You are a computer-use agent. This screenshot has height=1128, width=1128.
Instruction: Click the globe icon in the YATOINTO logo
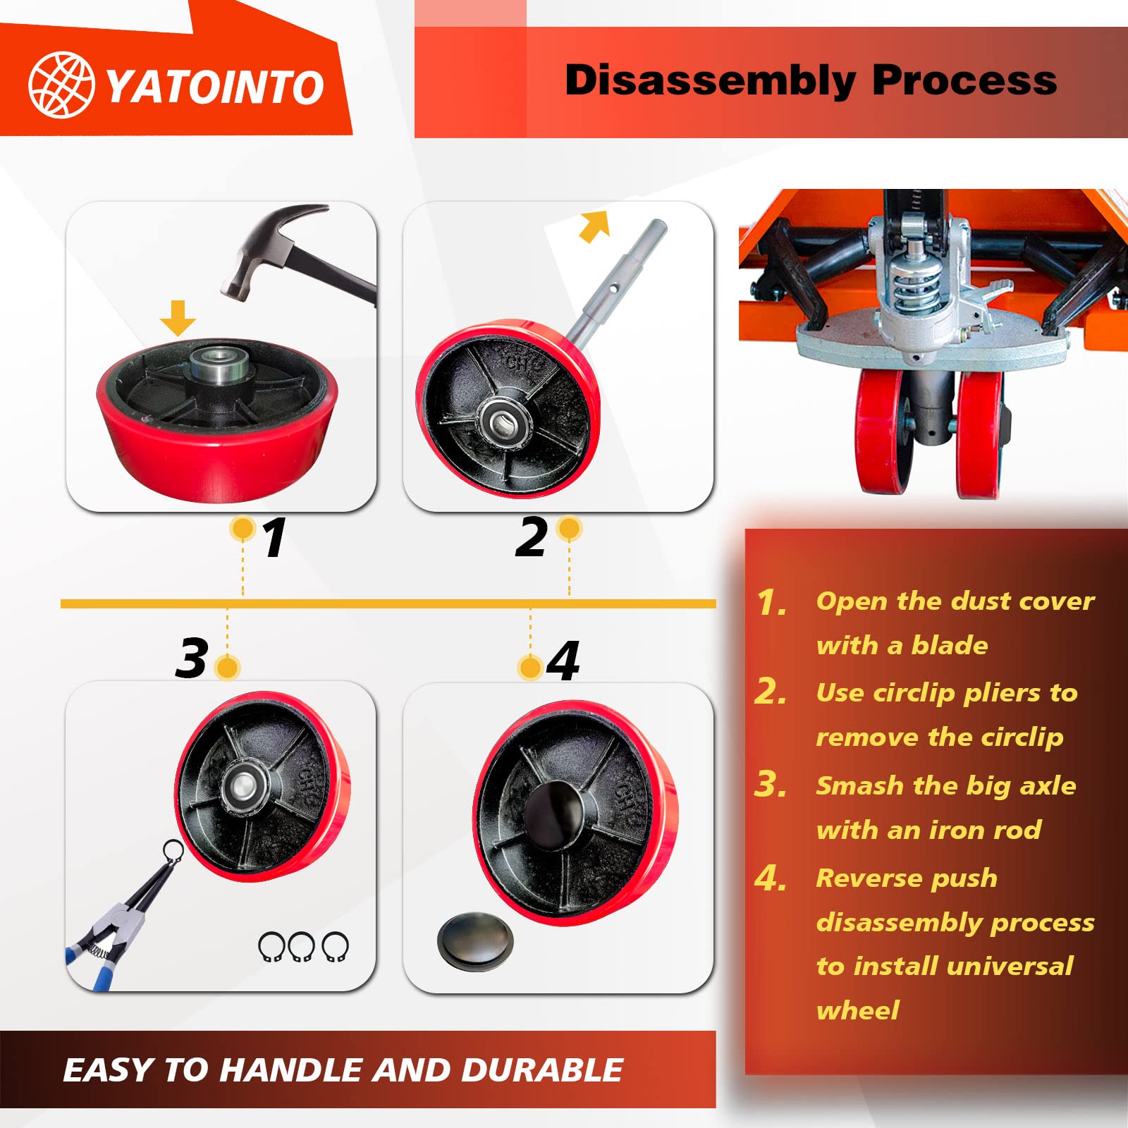point(61,85)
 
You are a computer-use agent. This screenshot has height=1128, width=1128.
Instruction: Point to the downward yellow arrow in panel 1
point(178,318)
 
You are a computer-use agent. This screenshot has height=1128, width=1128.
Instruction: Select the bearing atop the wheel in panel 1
point(220,364)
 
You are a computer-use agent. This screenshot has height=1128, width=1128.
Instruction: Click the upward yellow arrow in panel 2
point(594,226)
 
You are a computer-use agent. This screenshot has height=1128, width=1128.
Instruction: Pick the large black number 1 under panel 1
point(274,537)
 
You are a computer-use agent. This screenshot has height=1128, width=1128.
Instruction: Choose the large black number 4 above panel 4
point(563,661)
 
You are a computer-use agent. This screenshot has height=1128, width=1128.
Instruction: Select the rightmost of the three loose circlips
point(335,946)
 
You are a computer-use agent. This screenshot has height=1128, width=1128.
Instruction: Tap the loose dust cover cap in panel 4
point(475,942)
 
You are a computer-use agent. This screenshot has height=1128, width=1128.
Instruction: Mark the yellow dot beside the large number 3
point(227,667)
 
